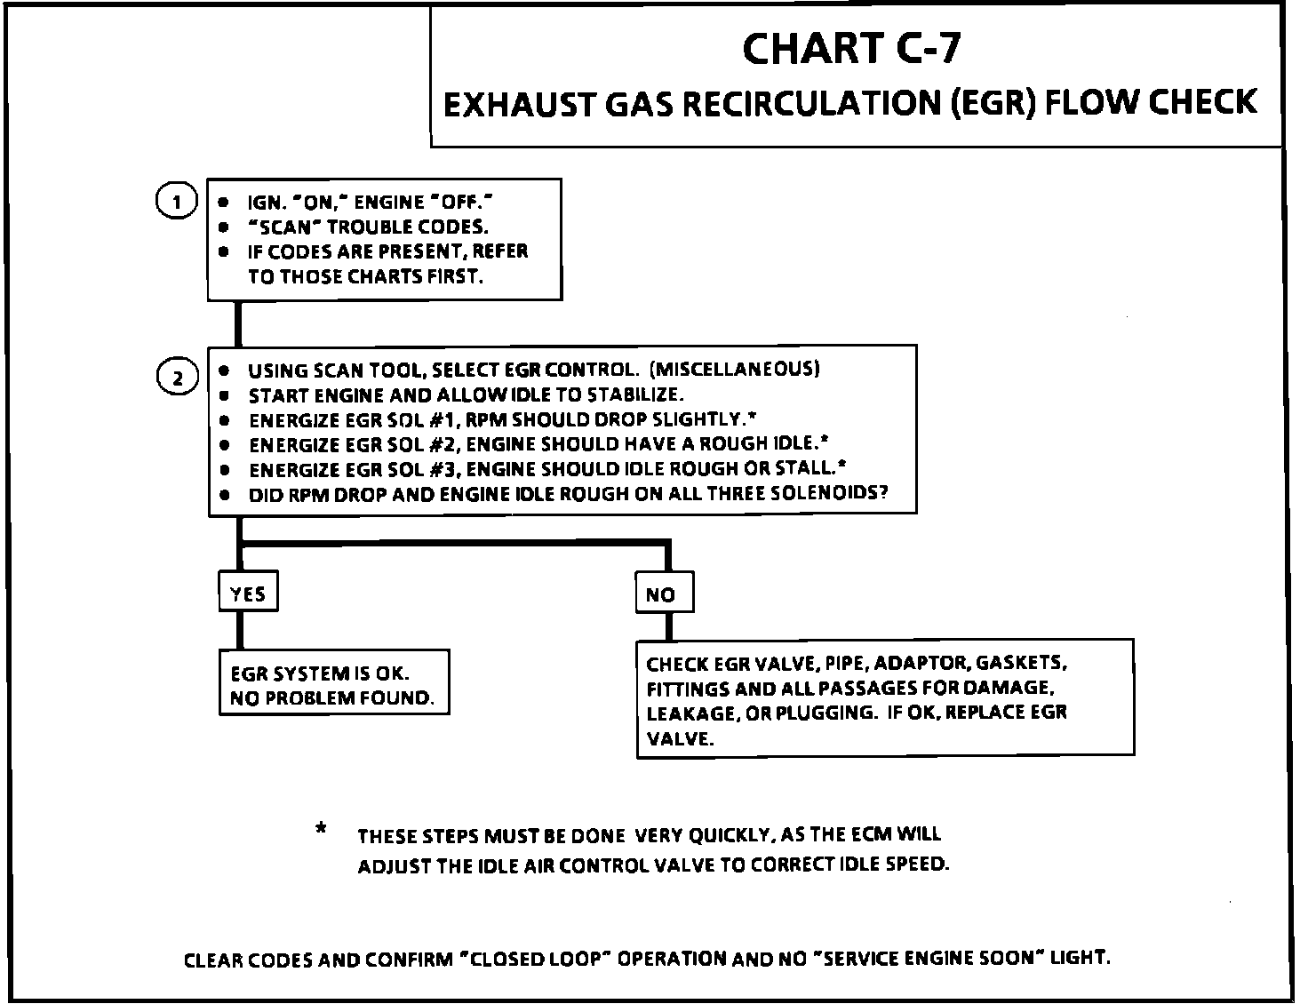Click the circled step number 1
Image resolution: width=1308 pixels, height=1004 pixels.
[176, 202]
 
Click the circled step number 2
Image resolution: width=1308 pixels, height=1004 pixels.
[176, 378]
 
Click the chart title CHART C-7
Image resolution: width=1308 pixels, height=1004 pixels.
[850, 49]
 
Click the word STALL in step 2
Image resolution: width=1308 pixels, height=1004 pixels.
[810, 468]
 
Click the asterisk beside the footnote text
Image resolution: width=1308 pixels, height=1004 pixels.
[320, 831]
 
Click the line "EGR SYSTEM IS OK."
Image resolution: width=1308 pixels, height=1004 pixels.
[320, 673]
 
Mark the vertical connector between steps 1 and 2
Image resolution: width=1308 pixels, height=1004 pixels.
[238, 323]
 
